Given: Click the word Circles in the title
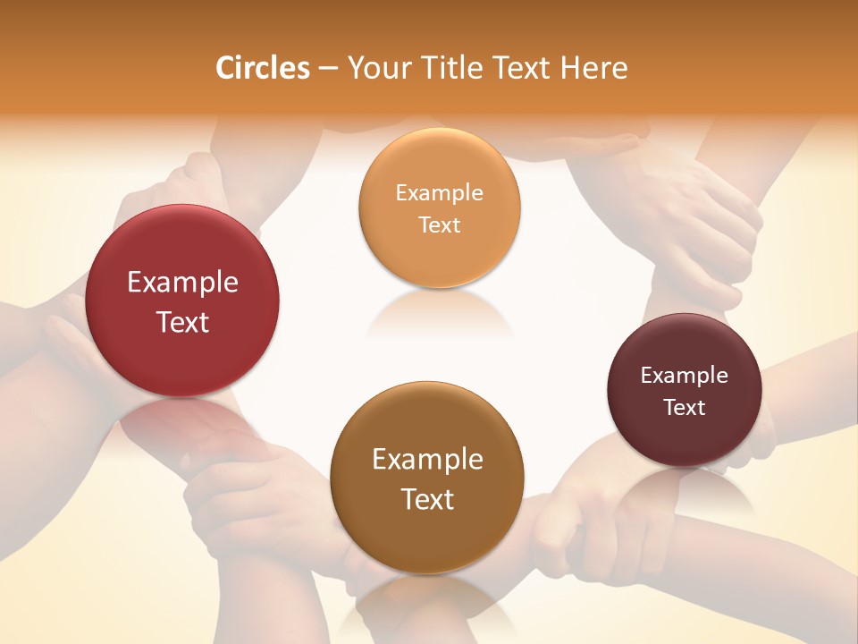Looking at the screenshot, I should (262, 68).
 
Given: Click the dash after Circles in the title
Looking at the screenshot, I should (328, 69).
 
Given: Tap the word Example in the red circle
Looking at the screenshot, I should (182, 283).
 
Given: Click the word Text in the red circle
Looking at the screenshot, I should (182, 322).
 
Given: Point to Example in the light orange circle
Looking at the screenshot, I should (439, 193).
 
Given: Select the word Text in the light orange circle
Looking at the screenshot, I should (439, 225).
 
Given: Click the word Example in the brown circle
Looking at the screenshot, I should (427, 460).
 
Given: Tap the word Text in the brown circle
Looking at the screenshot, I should (427, 499).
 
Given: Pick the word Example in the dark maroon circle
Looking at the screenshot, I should (685, 376).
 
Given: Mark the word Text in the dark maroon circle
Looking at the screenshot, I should (685, 408).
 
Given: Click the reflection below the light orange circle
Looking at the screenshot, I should (439, 313).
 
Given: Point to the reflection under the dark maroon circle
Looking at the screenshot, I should (685, 487).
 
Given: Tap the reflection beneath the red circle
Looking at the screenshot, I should (182, 420).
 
